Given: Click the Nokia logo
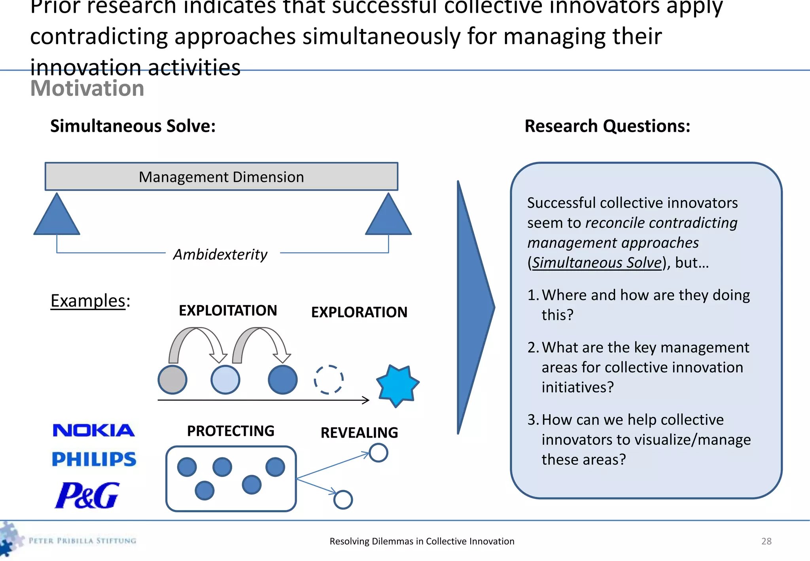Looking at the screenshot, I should (94, 430).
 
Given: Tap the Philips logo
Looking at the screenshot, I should (94, 459).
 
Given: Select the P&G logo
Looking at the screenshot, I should (87, 495).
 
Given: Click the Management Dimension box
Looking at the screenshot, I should (221, 177).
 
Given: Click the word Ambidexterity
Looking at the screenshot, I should (220, 254).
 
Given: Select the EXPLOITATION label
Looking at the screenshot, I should (228, 311).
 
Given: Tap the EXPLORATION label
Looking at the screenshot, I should (359, 313).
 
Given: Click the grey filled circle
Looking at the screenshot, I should (172, 380).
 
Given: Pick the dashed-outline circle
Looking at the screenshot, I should (329, 380).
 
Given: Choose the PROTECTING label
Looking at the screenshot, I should (231, 431).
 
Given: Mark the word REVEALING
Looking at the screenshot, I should (359, 433).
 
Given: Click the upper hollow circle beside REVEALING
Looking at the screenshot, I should (378, 453).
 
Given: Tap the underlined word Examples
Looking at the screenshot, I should (88, 301).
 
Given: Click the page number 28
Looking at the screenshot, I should (766, 541).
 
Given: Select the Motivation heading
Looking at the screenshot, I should (87, 88).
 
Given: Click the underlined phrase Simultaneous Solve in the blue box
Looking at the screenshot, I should (596, 263).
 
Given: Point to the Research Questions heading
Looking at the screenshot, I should (607, 126).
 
